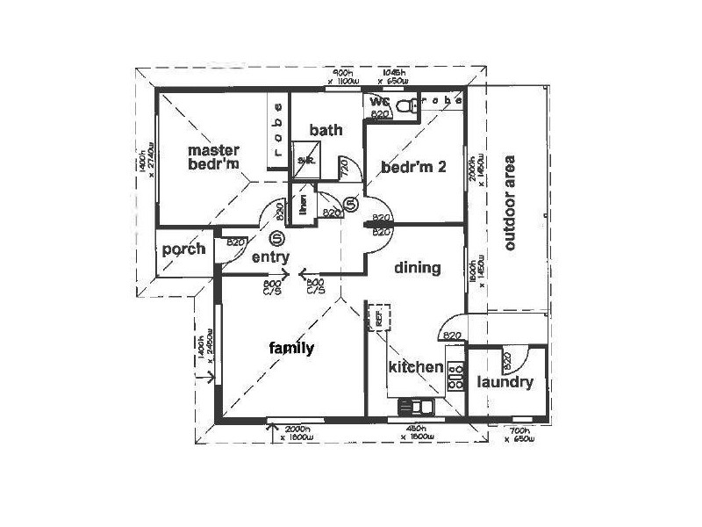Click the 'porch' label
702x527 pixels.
183,249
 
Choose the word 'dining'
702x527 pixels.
416,268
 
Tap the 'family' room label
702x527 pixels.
291,348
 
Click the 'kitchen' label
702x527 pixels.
415,367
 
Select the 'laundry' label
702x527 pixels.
505,382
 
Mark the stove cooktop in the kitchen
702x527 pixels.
455,377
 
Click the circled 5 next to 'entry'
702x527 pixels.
276,237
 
